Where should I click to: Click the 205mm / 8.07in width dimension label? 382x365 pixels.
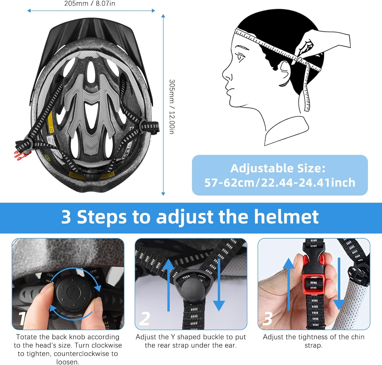pyautogui.click(x=90, y=4)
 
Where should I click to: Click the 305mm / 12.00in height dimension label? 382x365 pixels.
pyautogui.click(x=172, y=107)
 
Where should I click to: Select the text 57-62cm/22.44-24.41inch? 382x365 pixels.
pyautogui.click(x=280, y=183)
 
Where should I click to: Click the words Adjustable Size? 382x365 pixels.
pyautogui.click(x=278, y=168)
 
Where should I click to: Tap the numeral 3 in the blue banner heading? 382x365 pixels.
pyautogui.click(x=66, y=217)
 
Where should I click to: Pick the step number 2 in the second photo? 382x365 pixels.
pyautogui.click(x=144, y=319)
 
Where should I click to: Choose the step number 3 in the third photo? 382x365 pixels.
pyautogui.click(x=267, y=319)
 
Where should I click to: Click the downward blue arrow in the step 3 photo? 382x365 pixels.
pyautogui.click(x=339, y=285)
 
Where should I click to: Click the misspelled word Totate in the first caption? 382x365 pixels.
pyautogui.click(x=26, y=337)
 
